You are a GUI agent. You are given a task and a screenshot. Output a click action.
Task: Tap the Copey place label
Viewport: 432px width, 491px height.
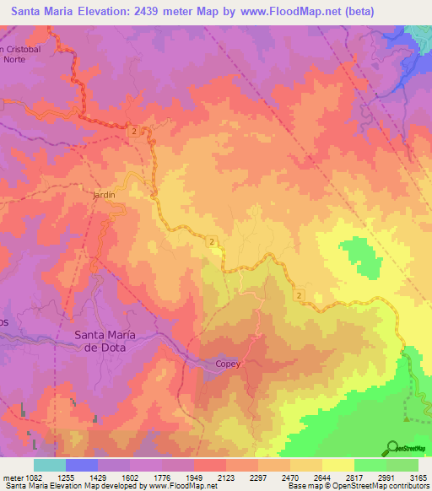227,364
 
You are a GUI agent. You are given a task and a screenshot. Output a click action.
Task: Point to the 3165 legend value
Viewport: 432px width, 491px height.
418,478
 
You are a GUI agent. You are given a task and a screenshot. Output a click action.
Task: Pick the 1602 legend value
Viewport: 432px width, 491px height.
129,478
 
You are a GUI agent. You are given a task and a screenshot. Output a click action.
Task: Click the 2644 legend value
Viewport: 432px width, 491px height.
321,478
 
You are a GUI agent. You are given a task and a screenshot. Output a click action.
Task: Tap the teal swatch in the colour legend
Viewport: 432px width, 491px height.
49,465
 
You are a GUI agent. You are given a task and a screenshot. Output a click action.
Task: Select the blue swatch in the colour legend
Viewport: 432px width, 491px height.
81,465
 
